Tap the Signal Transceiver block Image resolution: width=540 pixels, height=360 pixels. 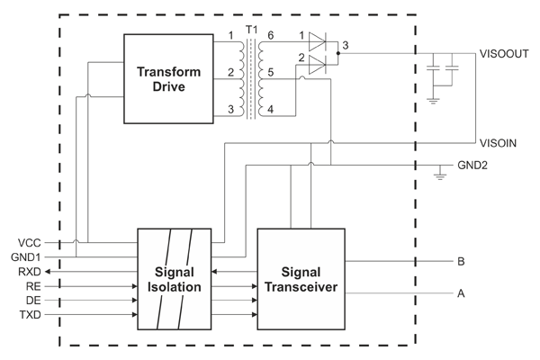[302, 278]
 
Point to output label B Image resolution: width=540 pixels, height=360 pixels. [461, 262]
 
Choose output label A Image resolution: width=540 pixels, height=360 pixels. [461, 293]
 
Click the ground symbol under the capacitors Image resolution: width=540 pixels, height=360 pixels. [436, 100]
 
